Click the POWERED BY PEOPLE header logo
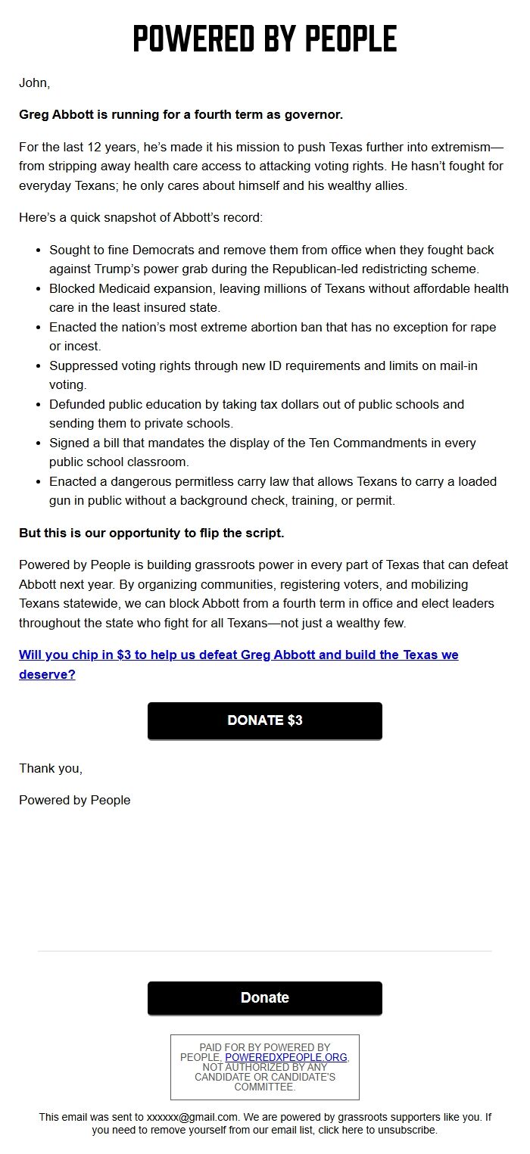click(x=265, y=38)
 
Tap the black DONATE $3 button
click(x=265, y=720)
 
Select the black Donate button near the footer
click(x=265, y=998)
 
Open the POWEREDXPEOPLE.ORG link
click(x=286, y=1057)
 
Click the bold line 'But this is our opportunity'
click(x=151, y=533)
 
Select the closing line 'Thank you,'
click(x=51, y=768)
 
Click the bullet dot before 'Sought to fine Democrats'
click(x=38, y=250)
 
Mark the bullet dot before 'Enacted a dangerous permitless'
click(x=38, y=481)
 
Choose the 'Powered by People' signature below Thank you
click(x=74, y=800)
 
